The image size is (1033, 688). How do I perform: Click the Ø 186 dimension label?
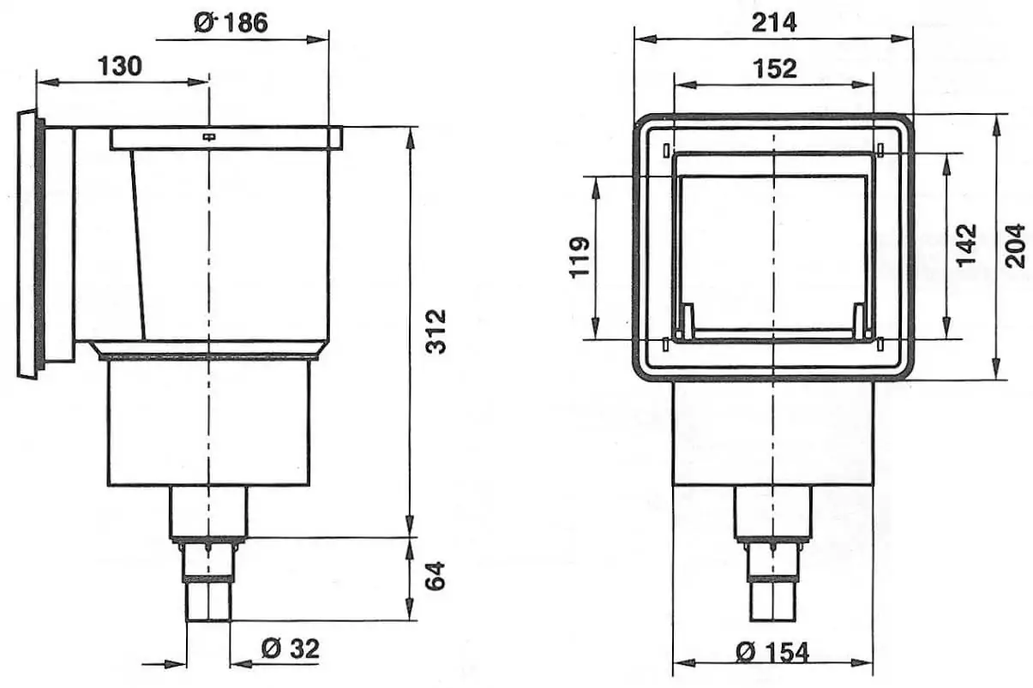pyautogui.click(x=231, y=22)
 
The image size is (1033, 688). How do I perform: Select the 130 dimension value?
pyautogui.click(x=120, y=66)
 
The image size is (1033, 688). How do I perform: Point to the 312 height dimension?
pyautogui.click(x=435, y=332)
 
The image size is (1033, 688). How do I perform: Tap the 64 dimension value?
pyautogui.click(x=435, y=576)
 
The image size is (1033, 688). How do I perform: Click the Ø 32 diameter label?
pyautogui.click(x=291, y=649)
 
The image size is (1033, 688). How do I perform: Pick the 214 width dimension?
pyautogui.click(x=774, y=22)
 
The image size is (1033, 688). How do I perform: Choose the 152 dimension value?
pyautogui.click(x=775, y=69)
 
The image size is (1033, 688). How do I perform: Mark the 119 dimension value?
pyautogui.click(x=580, y=257)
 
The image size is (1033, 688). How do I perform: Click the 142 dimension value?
pyautogui.click(x=966, y=245)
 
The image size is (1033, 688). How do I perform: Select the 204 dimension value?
pyautogui.click(x=1015, y=246)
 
